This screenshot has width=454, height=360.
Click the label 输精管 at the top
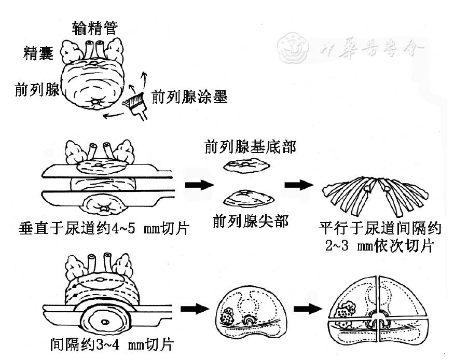[95, 28]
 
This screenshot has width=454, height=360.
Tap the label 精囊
[38, 53]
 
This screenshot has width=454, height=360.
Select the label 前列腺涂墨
[190, 96]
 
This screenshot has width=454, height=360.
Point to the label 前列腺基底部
[250, 147]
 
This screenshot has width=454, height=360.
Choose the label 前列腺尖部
[251, 221]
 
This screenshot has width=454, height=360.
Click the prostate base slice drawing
[246, 166]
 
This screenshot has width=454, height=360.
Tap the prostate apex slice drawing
[249, 199]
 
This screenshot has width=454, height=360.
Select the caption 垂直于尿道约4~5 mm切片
[104, 228]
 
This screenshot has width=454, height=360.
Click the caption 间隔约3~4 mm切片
[112, 344]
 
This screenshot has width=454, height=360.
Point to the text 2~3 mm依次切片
[380, 246]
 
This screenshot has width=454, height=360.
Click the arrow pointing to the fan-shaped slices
[299, 185]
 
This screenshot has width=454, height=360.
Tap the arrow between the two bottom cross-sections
[308, 309]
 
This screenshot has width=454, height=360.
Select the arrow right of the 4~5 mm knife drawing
[199, 185]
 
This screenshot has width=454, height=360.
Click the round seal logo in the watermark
[293, 47]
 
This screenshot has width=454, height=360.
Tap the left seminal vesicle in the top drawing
[72, 51]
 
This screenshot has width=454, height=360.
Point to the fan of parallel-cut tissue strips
[376, 196]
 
